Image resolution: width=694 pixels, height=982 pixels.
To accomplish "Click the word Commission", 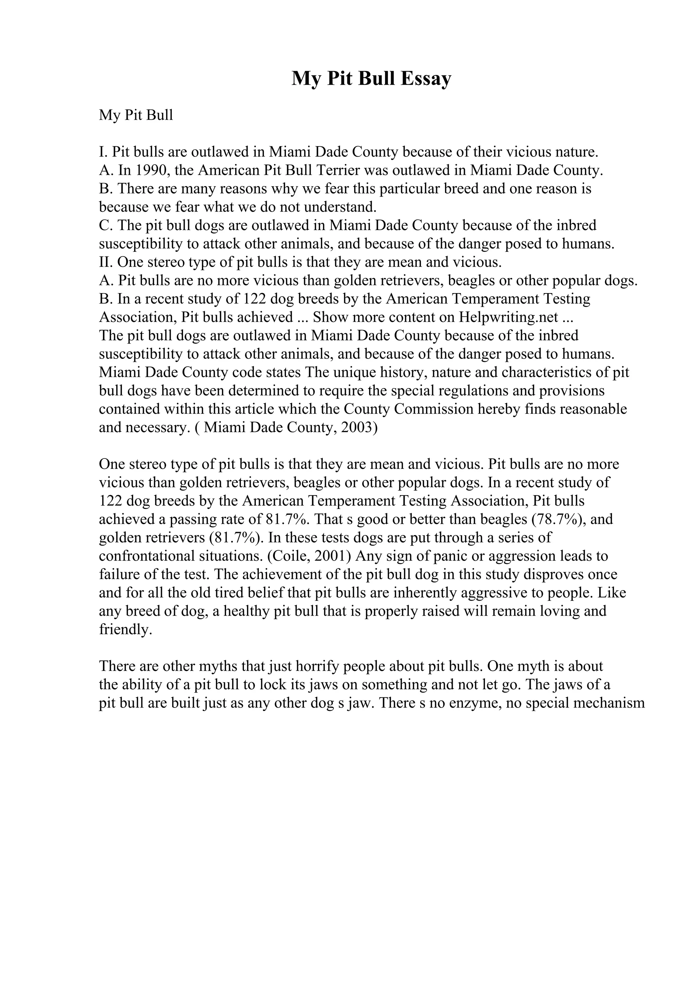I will [434, 409].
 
